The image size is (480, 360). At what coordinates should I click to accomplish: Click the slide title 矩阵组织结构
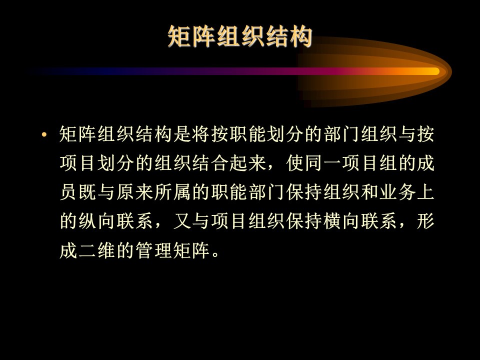point(240,36)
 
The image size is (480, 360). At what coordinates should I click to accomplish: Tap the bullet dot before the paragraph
point(44,134)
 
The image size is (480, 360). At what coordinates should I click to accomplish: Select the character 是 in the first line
point(182,134)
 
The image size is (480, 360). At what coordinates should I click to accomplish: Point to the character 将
point(201,134)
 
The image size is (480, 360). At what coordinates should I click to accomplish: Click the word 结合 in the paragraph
point(210,163)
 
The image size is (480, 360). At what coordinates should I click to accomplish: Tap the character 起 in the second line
point(239,163)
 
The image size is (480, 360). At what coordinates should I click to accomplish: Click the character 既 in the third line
point(87,192)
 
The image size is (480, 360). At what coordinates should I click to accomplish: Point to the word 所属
point(173,192)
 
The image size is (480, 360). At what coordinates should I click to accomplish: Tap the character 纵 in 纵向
point(87,221)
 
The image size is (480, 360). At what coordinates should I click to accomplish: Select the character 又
point(182,221)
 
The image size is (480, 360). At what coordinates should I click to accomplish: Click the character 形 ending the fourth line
point(425,221)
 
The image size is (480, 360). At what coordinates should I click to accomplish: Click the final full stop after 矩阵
point(215,254)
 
